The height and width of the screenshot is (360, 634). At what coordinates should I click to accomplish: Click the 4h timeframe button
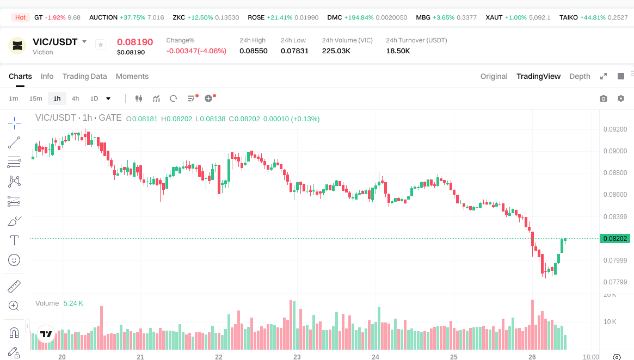pos(75,98)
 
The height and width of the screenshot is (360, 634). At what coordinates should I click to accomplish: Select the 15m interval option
pos(35,98)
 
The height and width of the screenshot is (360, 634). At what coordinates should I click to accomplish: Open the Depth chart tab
pos(580,76)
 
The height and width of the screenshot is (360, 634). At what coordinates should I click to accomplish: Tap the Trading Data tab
pos(84,76)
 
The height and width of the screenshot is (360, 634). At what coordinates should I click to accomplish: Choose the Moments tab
pos(132,76)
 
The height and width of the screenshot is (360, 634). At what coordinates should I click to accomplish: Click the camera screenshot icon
pos(604,98)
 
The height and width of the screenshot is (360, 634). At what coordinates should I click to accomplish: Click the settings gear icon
pos(621,98)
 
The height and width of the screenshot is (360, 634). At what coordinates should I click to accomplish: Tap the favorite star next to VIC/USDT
pos(101,45)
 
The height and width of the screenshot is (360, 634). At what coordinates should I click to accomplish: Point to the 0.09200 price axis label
pos(615,129)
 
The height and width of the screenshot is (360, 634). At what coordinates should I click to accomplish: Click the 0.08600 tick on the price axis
pos(615,195)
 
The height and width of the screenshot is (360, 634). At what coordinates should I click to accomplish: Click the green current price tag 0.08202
pos(614,238)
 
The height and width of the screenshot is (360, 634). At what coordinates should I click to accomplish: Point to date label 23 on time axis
pos(297,357)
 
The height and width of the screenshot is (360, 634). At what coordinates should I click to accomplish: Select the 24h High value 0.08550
pos(254,51)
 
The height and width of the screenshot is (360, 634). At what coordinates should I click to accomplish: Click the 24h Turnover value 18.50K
pos(398,51)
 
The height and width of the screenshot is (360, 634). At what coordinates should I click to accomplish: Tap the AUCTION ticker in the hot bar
pos(103,17)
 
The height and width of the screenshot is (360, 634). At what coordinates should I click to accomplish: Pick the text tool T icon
pos(15,240)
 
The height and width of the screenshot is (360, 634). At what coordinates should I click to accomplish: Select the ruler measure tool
pos(15,286)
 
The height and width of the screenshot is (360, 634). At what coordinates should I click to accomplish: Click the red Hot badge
pos(21,17)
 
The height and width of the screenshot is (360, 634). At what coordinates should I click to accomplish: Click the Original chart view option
pos(494,76)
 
